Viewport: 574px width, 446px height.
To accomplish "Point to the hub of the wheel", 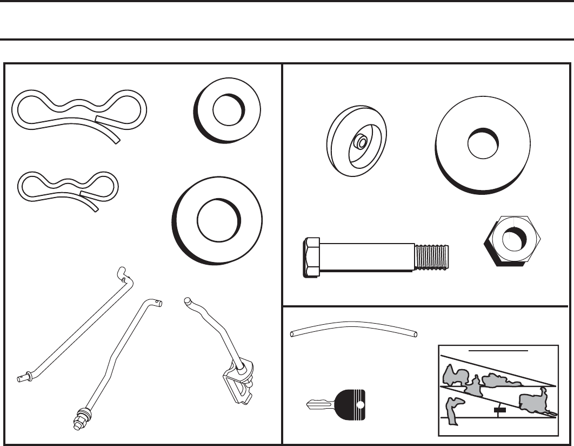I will point(360,143).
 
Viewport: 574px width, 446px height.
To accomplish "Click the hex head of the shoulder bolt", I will point(313,258).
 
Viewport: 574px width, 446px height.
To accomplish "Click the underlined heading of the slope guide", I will point(498,350).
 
